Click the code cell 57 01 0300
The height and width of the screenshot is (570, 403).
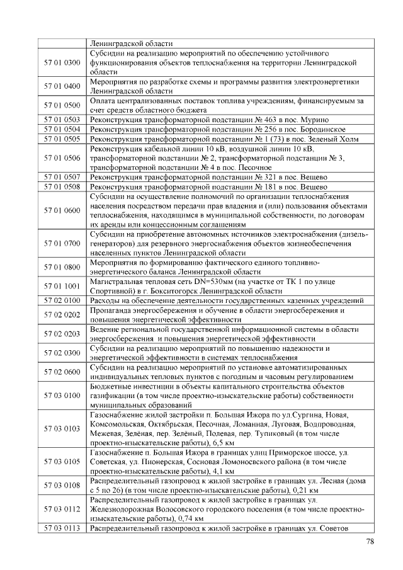point(62,64)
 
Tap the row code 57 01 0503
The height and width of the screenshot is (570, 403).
point(62,119)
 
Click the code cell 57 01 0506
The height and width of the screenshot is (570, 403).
point(62,157)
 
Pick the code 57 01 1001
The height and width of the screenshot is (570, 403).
point(62,286)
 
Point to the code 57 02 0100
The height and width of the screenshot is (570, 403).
point(62,300)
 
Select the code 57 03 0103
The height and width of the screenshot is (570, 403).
point(62,429)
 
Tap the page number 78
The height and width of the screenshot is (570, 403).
point(370,542)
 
